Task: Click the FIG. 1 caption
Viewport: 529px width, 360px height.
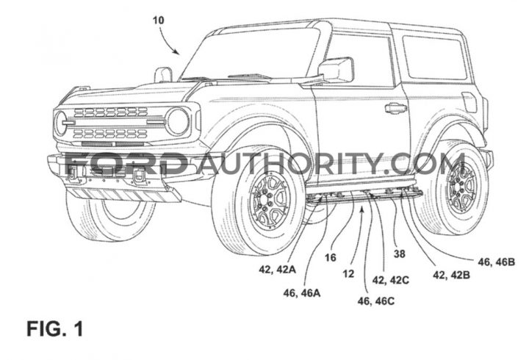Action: pos(54,328)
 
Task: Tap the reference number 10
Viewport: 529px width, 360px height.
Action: pos(158,21)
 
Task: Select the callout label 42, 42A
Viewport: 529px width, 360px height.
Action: pos(278,269)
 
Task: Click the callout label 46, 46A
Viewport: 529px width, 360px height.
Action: pos(302,293)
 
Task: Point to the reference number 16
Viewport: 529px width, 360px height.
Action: pos(331,258)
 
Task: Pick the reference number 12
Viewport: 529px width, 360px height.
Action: pos(348,273)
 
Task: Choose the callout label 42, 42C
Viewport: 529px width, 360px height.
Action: pos(391,280)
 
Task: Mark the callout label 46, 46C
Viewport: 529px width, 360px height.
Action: pos(376,301)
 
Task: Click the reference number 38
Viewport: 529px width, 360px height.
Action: pos(400,253)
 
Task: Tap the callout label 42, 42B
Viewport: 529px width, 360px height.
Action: pos(451,276)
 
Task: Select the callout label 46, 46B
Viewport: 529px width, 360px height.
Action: pos(496,262)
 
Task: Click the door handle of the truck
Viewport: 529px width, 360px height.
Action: pos(396,108)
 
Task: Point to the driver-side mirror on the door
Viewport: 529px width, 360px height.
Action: pos(337,70)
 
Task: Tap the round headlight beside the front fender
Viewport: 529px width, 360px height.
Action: pos(178,122)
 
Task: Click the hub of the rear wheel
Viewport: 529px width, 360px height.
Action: pos(461,189)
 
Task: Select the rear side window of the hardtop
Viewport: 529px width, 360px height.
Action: pos(434,57)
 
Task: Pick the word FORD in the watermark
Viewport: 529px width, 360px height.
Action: pos(126,164)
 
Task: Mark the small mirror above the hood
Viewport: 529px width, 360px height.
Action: pos(163,75)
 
